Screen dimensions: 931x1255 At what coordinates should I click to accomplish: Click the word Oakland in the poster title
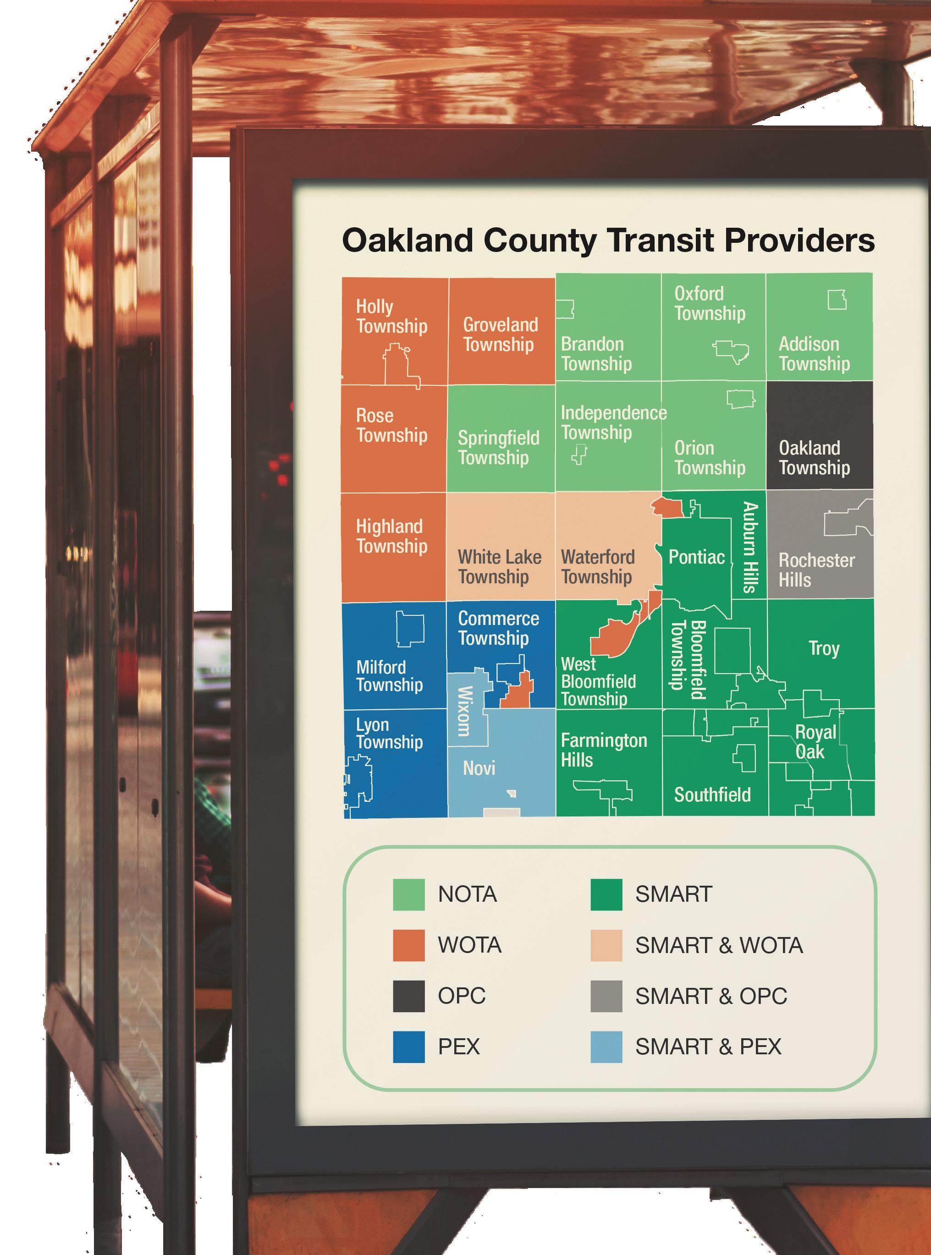coord(407,241)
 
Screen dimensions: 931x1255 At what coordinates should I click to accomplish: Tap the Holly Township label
coord(391,317)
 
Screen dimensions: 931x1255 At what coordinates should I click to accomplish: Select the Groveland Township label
coord(499,334)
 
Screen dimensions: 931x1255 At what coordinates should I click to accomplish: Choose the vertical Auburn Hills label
coord(749,547)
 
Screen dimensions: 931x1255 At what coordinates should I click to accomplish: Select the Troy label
coord(823,648)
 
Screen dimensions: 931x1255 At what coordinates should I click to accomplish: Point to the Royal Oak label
coord(815,742)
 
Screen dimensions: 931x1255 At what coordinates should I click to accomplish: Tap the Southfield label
coord(712,795)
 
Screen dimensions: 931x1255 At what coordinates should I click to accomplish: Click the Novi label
coord(479,768)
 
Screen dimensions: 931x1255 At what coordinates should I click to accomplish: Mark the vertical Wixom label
coord(464,711)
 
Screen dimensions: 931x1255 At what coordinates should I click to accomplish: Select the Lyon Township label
coord(388,734)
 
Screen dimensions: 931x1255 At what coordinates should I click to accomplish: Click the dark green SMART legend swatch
coord(606,894)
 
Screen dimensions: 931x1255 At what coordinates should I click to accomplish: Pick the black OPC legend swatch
coord(408,996)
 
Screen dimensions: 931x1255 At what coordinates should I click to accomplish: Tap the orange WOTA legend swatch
coord(408,945)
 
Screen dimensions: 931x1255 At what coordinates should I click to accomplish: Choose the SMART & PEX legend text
coord(708,1047)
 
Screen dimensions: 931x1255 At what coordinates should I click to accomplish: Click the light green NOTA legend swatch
coord(408,894)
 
